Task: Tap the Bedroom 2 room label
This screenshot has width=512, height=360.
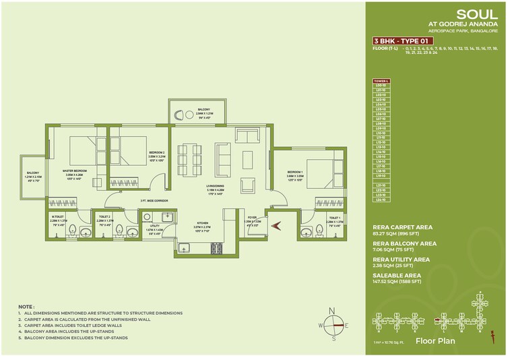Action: click(156, 153)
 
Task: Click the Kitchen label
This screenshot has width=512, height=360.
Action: click(202, 222)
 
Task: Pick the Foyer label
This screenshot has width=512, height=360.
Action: click(253, 218)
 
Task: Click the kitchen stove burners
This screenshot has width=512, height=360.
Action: click(217, 247)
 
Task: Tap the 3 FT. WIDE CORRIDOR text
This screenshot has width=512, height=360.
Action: click(154, 201)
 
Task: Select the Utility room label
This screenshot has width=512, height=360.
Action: click(155, 227)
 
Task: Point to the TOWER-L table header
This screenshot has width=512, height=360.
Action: click(382, 82)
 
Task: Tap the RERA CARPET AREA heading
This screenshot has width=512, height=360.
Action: click(402, 227)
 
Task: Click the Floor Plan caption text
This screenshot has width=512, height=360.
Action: click(435, 341)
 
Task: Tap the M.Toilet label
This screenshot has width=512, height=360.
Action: click(57, 218)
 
